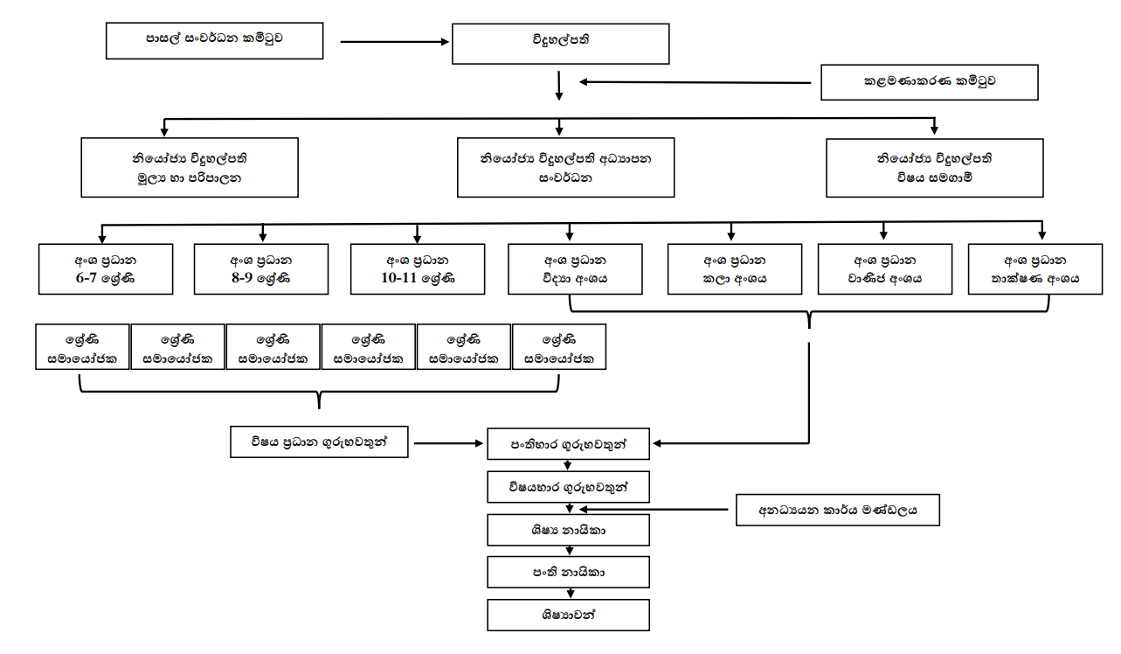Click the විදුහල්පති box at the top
point(561,41)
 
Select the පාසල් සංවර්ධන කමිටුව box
point(214,40)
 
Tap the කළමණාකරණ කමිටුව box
point(929,81)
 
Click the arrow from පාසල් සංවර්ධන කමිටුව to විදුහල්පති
point(392,41)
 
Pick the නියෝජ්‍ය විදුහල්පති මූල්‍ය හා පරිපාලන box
point(190,167)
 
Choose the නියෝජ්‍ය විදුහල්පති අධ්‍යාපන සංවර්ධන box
point(565,167)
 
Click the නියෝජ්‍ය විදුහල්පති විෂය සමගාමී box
point(934,167)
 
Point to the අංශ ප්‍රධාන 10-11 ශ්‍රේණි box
point(417,269)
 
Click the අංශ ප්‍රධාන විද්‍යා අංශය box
point(575,269)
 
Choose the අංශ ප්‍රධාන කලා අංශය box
point(734,269)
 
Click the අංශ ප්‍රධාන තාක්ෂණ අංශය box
point(1035,269)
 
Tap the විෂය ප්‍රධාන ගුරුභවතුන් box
point(320,442)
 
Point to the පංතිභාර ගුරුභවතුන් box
point(568,444)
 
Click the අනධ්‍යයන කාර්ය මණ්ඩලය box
point(837,510)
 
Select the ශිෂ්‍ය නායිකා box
point(568,530)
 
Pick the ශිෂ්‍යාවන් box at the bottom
point(568,615)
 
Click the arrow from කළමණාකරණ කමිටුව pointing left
point(695,83)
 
